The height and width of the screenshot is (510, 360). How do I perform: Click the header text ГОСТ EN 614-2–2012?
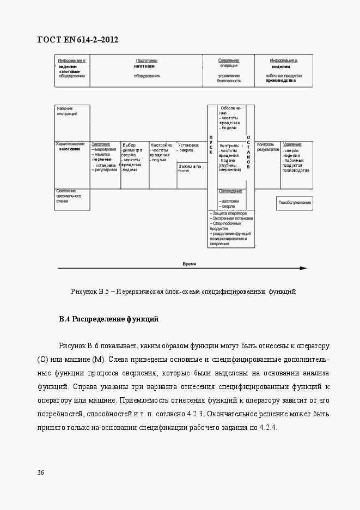point(77,40)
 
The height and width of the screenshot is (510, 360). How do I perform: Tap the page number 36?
point(40,472)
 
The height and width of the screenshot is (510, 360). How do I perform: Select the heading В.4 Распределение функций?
point(108,319)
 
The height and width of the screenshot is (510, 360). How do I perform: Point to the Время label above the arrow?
point(189,263)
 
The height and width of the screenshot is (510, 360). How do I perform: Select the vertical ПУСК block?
point(211,144)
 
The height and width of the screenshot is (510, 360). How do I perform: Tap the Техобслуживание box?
point(295,203)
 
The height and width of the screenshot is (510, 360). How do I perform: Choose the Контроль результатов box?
point(267,147)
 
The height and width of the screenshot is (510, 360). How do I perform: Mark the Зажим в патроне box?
point(190,168)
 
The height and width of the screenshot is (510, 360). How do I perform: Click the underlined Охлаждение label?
point(230,191)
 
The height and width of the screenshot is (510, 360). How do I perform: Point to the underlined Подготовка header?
point(147,60)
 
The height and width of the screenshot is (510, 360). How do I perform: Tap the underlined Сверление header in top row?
point(229,60)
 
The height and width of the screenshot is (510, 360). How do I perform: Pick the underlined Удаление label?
point(292,144)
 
